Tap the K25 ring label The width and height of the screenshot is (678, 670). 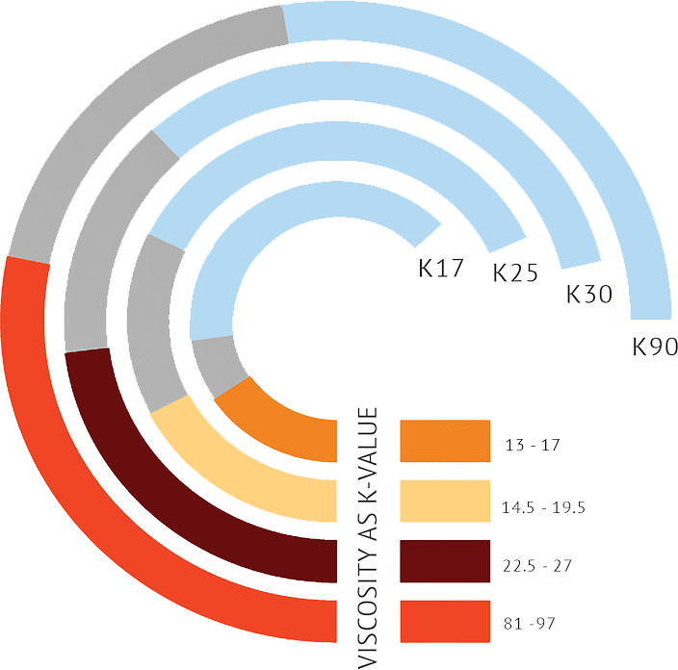coord(515,272)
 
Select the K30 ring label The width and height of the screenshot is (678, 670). coord(588,293)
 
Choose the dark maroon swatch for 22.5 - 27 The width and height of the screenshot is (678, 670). coord(445,562)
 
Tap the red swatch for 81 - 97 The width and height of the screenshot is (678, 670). coord(445,623)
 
